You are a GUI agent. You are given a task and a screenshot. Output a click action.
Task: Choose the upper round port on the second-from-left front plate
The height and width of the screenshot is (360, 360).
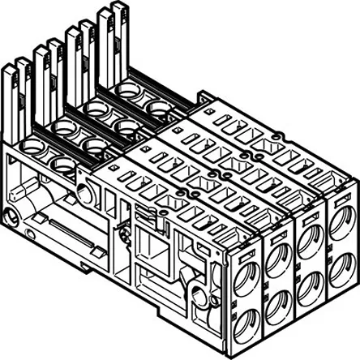(277, 258)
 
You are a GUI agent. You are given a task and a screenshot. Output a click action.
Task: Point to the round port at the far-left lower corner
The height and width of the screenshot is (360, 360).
(8, 220)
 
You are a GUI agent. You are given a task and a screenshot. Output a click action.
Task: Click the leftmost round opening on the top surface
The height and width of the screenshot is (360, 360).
(32, 149)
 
